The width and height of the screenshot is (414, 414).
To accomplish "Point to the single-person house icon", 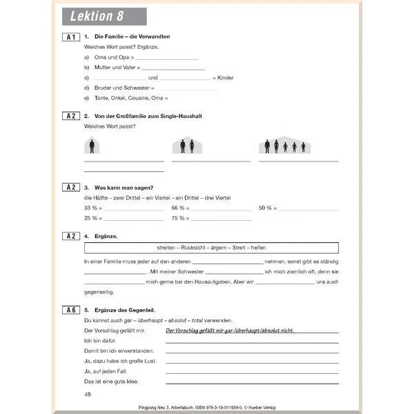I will coord(92,146).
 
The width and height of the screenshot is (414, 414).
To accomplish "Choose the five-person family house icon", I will coord(284,146).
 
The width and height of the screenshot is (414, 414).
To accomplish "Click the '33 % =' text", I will coord(92,208).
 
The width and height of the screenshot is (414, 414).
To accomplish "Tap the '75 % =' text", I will coord(180,217).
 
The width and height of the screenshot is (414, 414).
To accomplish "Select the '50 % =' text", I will coord(267,208).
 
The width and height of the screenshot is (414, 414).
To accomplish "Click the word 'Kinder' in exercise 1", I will coord(225,78).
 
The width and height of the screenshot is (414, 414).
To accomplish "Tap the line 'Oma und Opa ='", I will coord(106,57).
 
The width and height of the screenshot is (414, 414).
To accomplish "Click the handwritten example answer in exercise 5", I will coord(230,331).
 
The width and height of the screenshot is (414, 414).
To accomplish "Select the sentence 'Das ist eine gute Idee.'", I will coord(112,381).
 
